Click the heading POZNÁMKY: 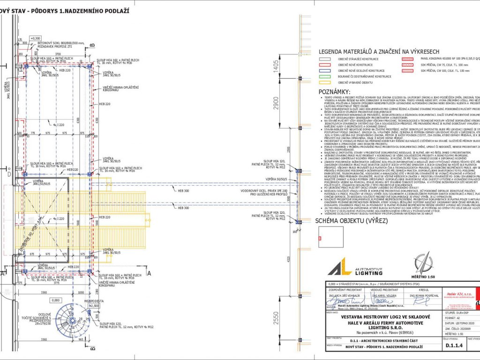point(334,92)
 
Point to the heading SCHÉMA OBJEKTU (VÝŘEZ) point(347,220)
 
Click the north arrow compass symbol point(425,262)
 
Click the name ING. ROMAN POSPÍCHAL point(425,296)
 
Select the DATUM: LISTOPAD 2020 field point(452,323)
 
